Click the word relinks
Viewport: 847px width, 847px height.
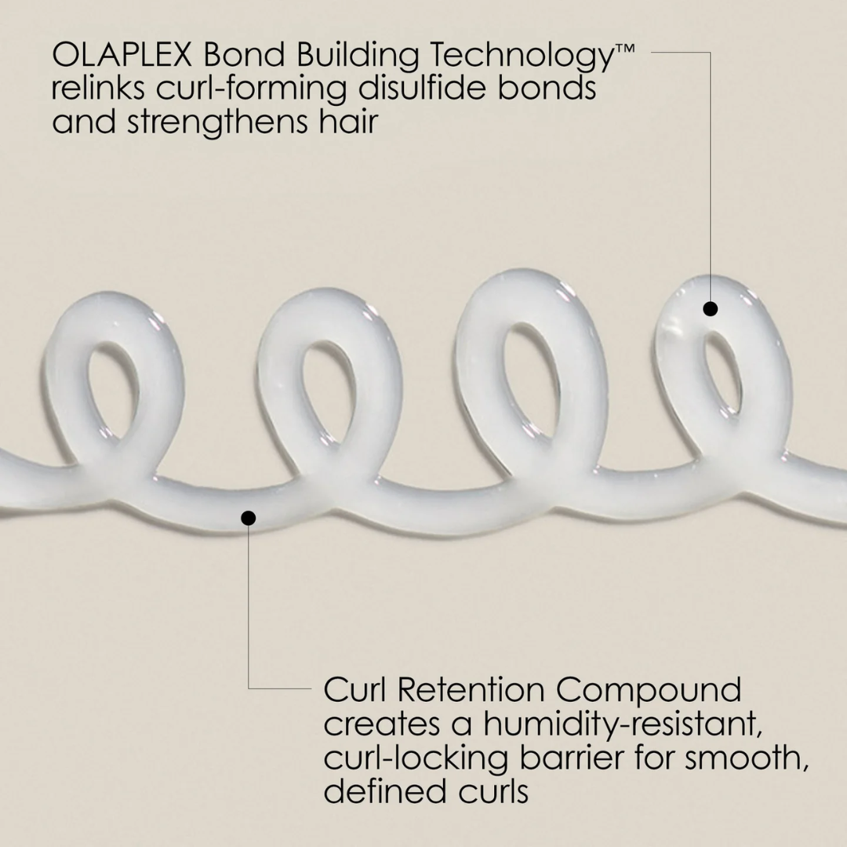coord(97,89)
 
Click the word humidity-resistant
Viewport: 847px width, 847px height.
coord(623,725)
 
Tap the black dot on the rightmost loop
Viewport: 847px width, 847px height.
coord(710,309)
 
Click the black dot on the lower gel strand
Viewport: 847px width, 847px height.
coord(249,518)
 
